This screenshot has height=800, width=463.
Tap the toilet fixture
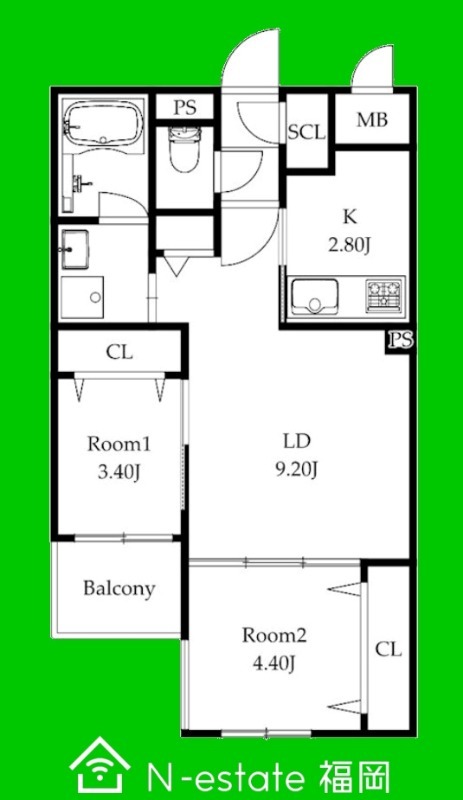coord(184,150)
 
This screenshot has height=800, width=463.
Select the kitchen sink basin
coord(314,296)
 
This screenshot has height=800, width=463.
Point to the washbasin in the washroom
coord(76,248)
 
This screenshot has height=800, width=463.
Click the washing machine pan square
coord(82,297)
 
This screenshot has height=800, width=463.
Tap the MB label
coord(372,119)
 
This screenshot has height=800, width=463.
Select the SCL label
coord(306,132)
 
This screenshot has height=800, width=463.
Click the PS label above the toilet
coord(185,108)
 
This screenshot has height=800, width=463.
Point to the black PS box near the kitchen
coord(400,341)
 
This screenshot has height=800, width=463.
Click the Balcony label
coord(119,588)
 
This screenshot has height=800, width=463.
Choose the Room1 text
coord(119,444)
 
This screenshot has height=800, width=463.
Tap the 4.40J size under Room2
coord(274,663)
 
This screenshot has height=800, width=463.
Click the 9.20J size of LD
coord(297,469)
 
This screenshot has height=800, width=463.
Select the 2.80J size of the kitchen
coord(349,245)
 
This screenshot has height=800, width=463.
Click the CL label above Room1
coord(119,352)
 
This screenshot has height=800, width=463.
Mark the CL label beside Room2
coord(388,649)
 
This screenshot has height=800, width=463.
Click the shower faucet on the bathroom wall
coord(82,182)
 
